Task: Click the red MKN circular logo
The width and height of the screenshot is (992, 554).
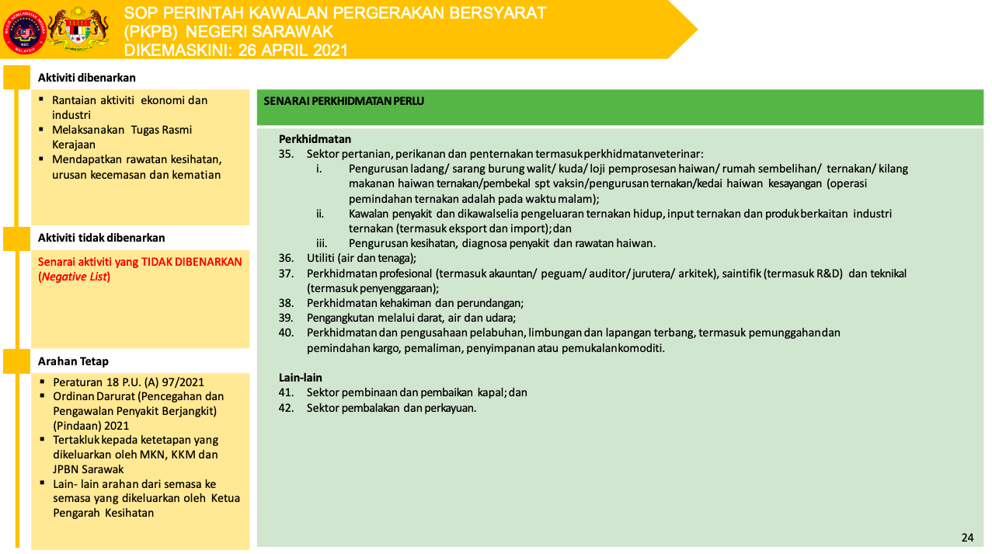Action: pyautogui.click(x=24, y=31)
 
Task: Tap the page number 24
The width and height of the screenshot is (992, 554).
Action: pyautogui.click(x=967, y=538)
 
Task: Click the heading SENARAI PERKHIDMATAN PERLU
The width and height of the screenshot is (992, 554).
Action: pyautogui.click(x=343, y=101)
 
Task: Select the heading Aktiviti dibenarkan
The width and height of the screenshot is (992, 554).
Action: pyautogui.click(x=87, y=78)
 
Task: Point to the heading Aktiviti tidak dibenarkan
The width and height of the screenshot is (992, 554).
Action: pyautogui.click(x=102, y=238)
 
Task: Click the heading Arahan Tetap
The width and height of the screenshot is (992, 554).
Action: pyautogui.click(x=74, y=361)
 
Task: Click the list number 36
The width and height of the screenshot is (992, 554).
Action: pyautogui.click(x=286, y=258)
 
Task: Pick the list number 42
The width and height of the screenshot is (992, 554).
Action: pyautogui.click(x=286, y=407)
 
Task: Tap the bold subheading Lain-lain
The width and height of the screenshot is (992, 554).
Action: pyautogui.click(x=300, y=378)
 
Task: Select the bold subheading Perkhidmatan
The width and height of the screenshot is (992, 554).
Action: pyautogui.click(x=315, y=139)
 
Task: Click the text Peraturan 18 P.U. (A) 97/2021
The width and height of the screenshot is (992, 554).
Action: pyautogui.click(x=128, y=382)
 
